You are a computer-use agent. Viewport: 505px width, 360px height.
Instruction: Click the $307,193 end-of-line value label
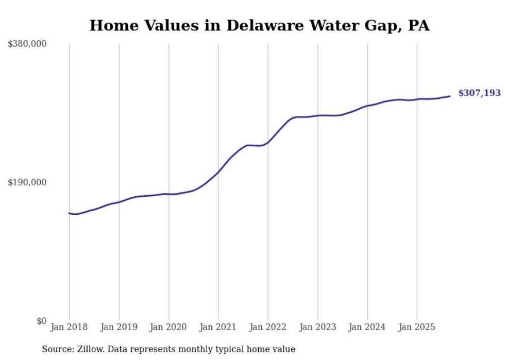[479, 93]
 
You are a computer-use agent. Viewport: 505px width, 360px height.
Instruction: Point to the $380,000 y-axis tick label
[27, 44]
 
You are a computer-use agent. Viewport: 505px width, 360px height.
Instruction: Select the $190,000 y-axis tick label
[27, 183]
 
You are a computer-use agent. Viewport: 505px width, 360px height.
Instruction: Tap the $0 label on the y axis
[41, 321]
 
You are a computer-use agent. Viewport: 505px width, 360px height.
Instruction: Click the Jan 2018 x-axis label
[69, 327]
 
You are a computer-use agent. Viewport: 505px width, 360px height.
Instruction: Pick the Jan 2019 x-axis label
[119, 327]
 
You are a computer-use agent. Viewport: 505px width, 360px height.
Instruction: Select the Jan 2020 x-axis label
[169, 327]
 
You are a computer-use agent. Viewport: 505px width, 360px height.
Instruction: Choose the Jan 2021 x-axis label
[218, 327]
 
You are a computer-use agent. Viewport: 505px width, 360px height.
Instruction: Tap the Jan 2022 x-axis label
[268, 327]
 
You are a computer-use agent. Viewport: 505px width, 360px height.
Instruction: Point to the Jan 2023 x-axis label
[317, 327]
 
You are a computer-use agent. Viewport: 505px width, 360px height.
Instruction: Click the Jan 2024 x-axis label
[367, 327]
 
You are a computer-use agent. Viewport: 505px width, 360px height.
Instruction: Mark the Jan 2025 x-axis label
[417, 327]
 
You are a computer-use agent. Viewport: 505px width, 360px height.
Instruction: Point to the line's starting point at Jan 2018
[69, 213]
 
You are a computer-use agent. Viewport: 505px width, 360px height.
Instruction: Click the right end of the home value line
[450, 96]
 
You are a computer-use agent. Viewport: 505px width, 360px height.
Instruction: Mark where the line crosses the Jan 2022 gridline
[268, 142]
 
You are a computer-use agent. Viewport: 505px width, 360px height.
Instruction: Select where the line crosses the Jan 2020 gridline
[169, 194]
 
